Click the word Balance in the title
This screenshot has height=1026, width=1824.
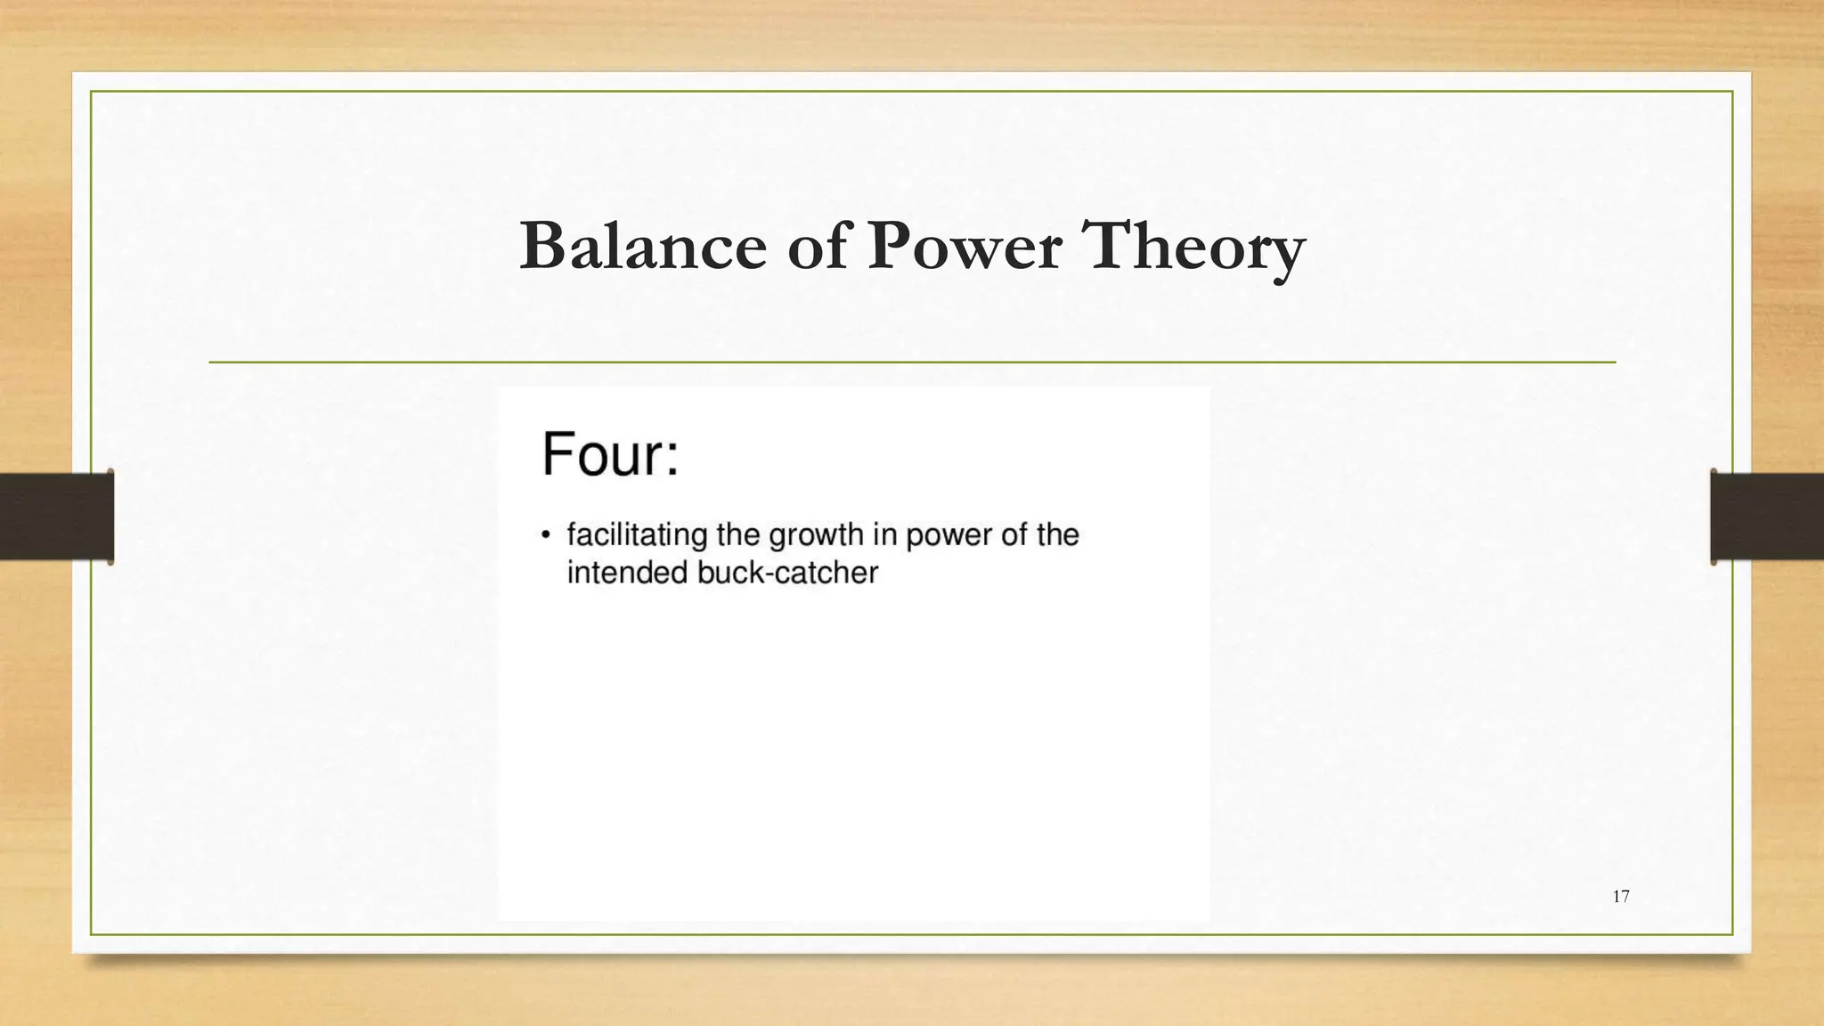[x=642, y=247]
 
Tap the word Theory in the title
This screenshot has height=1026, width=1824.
[x=1193, y=247]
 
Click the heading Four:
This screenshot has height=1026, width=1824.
[x=610, y=454]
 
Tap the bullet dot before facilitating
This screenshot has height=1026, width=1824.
[x=546, y=535]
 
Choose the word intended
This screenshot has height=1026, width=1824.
[x=628, y=573]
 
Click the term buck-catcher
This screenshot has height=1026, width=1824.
[x=787, y=573]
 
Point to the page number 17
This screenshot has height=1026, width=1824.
[x=1621, y=897]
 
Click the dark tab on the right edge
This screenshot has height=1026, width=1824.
[x=1767, y=517]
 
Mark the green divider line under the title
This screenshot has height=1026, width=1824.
[x=912, y=362]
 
